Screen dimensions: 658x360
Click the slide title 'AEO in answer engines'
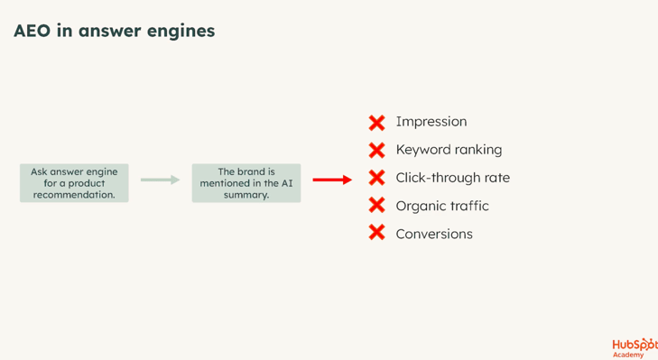pyautogui.click(x=114, y=32)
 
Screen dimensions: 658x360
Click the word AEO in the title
pyautogui.click(x=32, y=31)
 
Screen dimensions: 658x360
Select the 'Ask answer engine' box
pyautogui.click(x=74, y=183)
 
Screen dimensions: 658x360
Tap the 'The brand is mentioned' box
pyautogui.click(x=246, y=183)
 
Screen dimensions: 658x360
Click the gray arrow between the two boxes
pyautogui.click(x=161, y=180)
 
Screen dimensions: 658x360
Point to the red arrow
pyautogui.click(x=332, y=180)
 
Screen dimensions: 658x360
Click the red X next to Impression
pyautogui.click(x=377, y=123)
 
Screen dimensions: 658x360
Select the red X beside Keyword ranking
pyautogui.click(x=377, y=150)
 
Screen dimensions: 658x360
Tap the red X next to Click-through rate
pyautogui.click(x=377, y=178)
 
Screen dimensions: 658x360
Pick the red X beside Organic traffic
pyautogui.click(x=377, y=206)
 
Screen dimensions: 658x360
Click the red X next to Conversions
pyautogui.click(x=377, y=233)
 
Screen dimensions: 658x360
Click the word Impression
pyautogui.click(x=431, y=122)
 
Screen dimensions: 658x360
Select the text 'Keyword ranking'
pyautogui.click(x=449, y=150)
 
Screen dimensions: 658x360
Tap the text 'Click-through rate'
pyautogui.click(x=453, y=178)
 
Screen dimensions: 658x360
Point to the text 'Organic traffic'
pyautogui.click(x=442, y=206)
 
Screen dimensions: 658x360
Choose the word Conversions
pyautogui.click(x=434, y=234)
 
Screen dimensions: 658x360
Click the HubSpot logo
pyautogui.click(x=635, y=348)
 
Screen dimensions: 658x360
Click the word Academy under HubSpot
pyautogui.click(x=628, y=355)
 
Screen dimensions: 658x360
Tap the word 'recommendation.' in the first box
pyautogui.click(x=74, y=195)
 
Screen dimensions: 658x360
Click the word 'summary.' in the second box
pyautogui.click(x=246, y=195)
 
